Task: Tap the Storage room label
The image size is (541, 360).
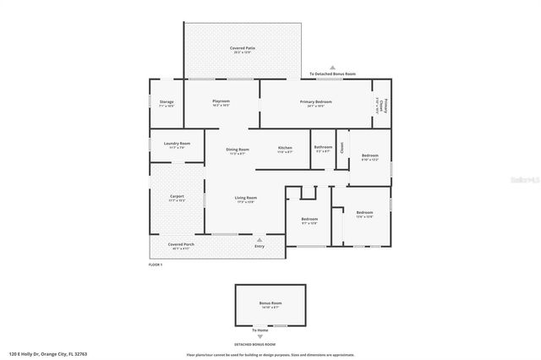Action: coord(167,102)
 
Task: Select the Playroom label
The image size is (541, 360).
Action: coord(221,101)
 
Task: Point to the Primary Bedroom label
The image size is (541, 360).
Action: coord(315,101)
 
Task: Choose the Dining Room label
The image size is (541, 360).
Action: coord(237,150)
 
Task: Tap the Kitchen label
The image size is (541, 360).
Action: coord(285,150)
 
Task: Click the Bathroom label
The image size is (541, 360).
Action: coord(323,147)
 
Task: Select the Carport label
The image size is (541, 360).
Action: coord(177,196)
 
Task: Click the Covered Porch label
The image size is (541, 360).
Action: coord(182,244)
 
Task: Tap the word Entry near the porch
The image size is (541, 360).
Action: coord(260,246)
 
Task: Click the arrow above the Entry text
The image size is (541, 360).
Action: coord(260,239)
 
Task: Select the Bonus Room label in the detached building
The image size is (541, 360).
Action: coord(270,303)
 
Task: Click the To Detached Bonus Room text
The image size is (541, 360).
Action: coord(332,74)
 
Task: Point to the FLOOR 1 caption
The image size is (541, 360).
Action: coord(156,265)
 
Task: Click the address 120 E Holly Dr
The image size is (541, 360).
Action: coord(48,354)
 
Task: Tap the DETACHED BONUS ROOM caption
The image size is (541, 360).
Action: coord(255,344)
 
